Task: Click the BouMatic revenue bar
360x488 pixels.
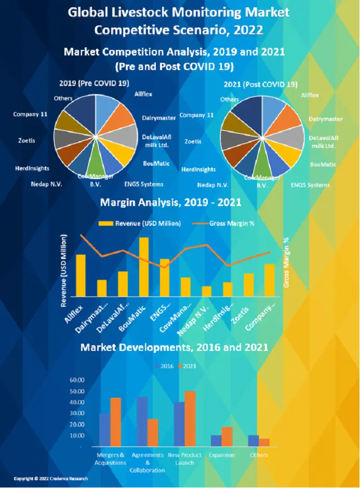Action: [144, 267]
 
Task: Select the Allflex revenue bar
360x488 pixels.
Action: [81, 275]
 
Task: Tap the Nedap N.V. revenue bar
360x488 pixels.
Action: [207, 291]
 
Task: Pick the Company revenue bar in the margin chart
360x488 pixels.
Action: [269, 280]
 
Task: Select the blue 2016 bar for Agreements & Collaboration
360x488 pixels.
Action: [142, 422]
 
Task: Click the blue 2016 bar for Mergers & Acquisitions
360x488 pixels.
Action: [104, 430]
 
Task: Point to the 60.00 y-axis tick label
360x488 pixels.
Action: [76, 379]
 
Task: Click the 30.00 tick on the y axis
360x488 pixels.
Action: [76, 413]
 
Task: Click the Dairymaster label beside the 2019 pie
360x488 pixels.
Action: [159, 118]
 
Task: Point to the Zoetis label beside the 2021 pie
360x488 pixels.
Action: [193, 141]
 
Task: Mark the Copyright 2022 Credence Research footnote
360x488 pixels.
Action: [50, 479]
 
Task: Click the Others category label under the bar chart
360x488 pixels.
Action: [259, 455]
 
